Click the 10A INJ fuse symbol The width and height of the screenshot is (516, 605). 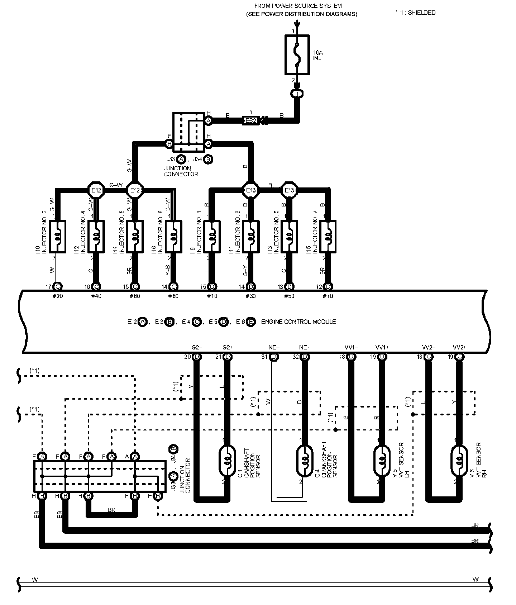[x=297, y=55]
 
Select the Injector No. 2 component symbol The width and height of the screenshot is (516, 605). [x=57, y=237]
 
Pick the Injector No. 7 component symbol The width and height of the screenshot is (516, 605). [x=328, y=237]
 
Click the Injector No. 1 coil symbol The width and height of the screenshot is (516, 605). [x=212, y=237]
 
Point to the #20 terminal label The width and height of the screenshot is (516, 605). [x=57, y=296]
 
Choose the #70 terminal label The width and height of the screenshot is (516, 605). [x=328, y=296]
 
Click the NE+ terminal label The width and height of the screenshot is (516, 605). [x=305, y=347]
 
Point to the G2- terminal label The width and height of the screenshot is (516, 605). [x=197, y=347]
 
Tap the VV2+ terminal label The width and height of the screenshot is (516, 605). [x=459, y=347]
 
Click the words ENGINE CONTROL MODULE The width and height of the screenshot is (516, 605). [x=298, y=322]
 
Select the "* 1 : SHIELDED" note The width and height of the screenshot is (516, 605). [x=415, y=13]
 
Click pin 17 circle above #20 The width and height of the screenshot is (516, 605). [x=57, y=286]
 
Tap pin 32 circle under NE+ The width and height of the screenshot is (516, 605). [x=305, y=357]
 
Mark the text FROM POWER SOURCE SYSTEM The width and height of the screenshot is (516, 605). [x=298, y=6]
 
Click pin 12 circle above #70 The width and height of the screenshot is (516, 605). [x=328, y=286]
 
